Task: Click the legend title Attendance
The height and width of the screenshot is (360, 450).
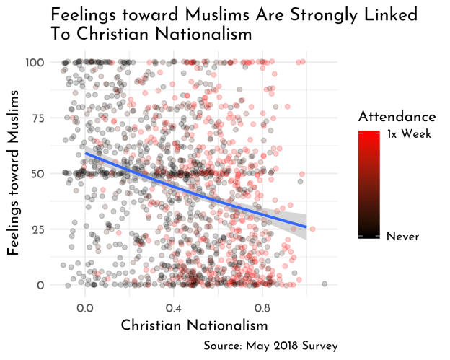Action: click(x=396, y=116)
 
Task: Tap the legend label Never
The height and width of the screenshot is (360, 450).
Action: click(x=402, y=236)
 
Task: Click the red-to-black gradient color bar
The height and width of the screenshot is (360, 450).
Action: click(x=369, y=184)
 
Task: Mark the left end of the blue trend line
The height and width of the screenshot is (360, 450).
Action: click(x=86, y=153)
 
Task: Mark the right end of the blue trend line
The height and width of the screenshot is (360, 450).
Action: click(x=306, y=227)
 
